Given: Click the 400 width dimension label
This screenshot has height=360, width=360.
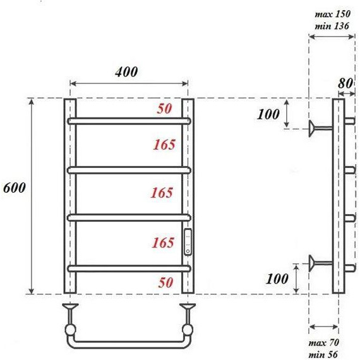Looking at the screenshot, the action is point(126,72).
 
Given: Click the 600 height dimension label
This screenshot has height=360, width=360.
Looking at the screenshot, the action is point(15,188).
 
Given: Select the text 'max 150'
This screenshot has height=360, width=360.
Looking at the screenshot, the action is point(332,15).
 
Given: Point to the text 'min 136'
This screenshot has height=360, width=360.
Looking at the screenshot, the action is point(332,26).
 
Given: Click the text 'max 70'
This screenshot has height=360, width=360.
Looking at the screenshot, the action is point(324,343).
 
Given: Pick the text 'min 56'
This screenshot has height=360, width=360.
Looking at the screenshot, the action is point(323,354).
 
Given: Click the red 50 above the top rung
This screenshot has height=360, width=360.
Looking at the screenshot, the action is point(164,109).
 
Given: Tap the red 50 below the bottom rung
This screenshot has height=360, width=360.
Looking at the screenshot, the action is point(165,282).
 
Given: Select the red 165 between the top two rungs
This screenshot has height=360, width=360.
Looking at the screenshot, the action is point(164,145).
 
